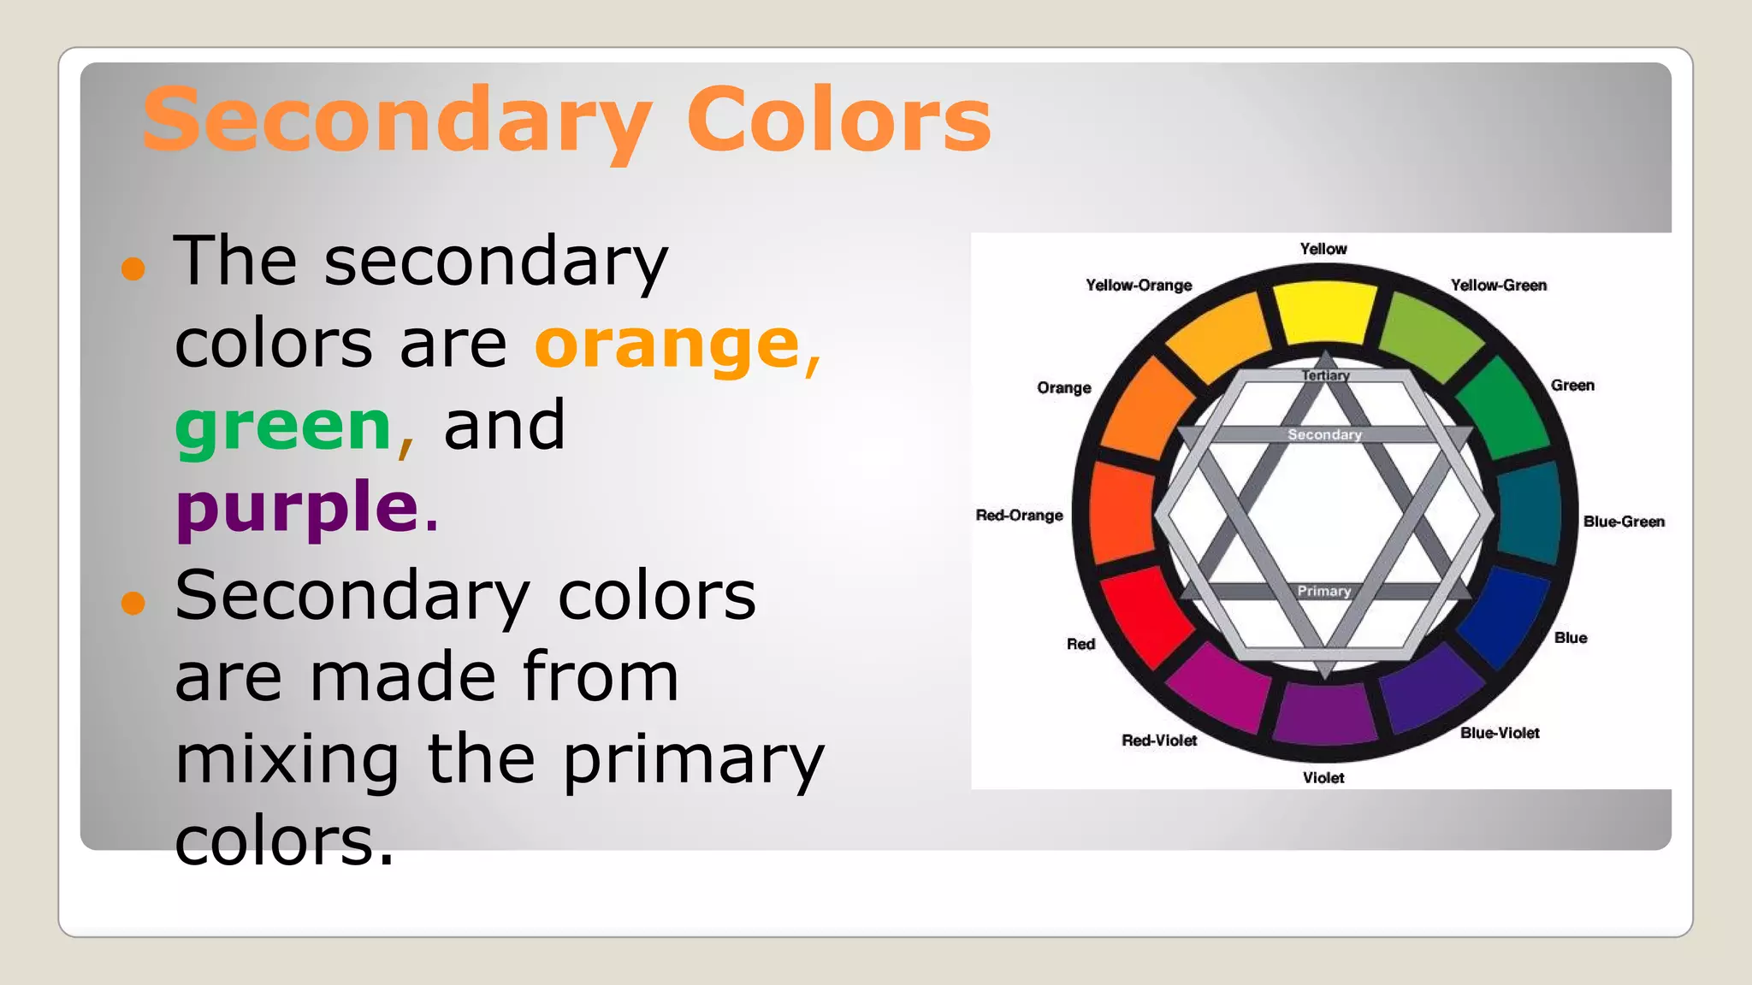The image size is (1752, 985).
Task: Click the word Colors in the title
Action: coord(838,120)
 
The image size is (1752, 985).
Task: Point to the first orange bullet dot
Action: coord(133,269)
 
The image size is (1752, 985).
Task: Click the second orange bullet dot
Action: coord(133,603)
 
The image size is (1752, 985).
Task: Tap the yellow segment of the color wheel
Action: coord(1324,312)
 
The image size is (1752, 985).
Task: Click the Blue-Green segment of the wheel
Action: coord(1530,513)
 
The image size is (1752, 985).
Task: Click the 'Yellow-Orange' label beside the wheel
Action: coord(1139,286)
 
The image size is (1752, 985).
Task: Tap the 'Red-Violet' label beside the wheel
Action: coord(1159,740)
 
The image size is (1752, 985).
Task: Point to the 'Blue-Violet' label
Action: coord(1500,733)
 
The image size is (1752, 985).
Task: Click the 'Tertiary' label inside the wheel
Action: coord(1325,375)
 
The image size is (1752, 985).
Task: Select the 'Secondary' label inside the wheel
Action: coord(1324,434)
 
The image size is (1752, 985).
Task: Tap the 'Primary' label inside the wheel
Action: coord(1324,591)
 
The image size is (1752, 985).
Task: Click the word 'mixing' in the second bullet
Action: coord(287,759)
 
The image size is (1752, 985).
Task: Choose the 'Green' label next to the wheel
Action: coord(1572,386)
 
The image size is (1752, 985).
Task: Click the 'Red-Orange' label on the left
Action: coord(1019,515)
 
